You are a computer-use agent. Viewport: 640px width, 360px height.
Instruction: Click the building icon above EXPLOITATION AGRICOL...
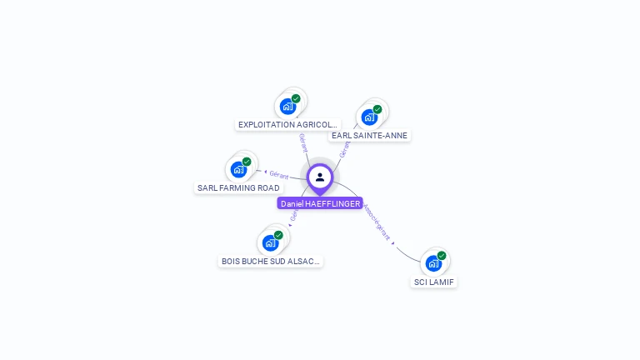click(287, 107)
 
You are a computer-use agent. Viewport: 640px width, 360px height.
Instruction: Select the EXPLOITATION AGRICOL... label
click(287, 125)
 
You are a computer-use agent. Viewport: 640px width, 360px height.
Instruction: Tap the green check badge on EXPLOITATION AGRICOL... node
click(296, 98)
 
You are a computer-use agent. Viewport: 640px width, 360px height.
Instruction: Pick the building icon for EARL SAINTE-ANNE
click(369, 117)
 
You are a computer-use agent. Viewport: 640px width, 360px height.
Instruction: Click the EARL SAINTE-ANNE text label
click(369, 135)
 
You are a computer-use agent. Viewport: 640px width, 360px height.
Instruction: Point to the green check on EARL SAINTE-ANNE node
click(377, 109)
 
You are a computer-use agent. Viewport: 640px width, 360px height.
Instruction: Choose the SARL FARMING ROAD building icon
click(238, 170)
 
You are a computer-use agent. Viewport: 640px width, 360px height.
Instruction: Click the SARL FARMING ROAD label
click(238, 188)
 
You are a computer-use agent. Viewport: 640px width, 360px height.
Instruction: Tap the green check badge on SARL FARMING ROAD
click(247, 162)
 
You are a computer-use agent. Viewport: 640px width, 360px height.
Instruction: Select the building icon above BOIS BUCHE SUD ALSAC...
click(270, 243)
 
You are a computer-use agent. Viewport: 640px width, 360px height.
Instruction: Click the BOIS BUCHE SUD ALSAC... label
click(270, 262)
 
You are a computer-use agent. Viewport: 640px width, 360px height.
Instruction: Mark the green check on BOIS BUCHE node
click(278, 235)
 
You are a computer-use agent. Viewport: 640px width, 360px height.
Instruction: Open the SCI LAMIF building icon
click(433, 264)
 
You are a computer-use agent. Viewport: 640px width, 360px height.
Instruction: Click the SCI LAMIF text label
click(435, 282)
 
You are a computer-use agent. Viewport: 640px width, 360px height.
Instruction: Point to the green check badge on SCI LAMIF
click(442, 256)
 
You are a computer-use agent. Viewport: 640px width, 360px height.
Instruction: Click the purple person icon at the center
click(320, 177)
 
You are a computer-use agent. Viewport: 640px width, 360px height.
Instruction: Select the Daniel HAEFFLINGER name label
click(320, 203)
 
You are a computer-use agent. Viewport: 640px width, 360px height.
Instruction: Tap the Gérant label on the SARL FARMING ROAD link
click(278, 175)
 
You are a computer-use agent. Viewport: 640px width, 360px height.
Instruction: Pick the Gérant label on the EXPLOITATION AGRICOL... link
click(303, 142)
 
